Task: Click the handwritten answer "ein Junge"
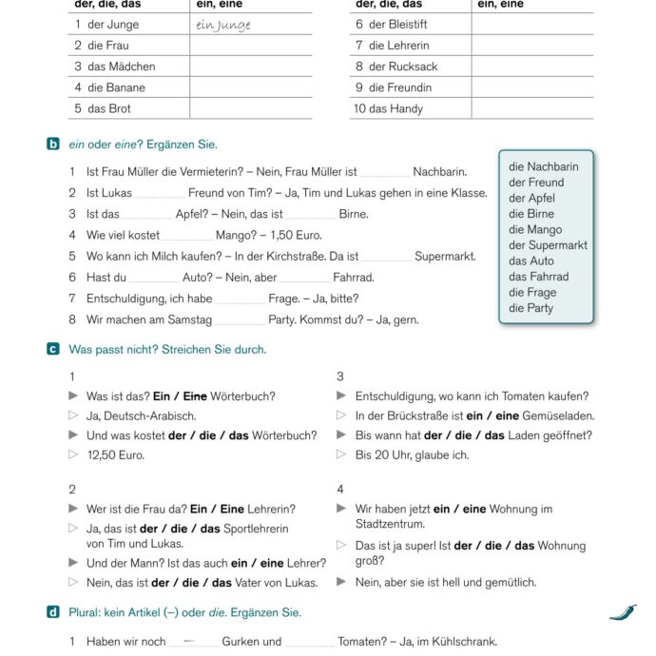coord(223,25)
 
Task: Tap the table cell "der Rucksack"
coord(396,67)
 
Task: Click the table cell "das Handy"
coord(388,108)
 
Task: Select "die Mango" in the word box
coord(534,229)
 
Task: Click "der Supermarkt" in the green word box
coord(548,245)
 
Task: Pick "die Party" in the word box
coord(531,308)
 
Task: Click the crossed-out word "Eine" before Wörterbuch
coord(195,396)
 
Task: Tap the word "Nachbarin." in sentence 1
coord(440,172)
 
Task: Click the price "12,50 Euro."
coord(116,455)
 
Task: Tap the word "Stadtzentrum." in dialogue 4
coord(390,524)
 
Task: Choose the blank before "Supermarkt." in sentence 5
coord(386,257)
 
